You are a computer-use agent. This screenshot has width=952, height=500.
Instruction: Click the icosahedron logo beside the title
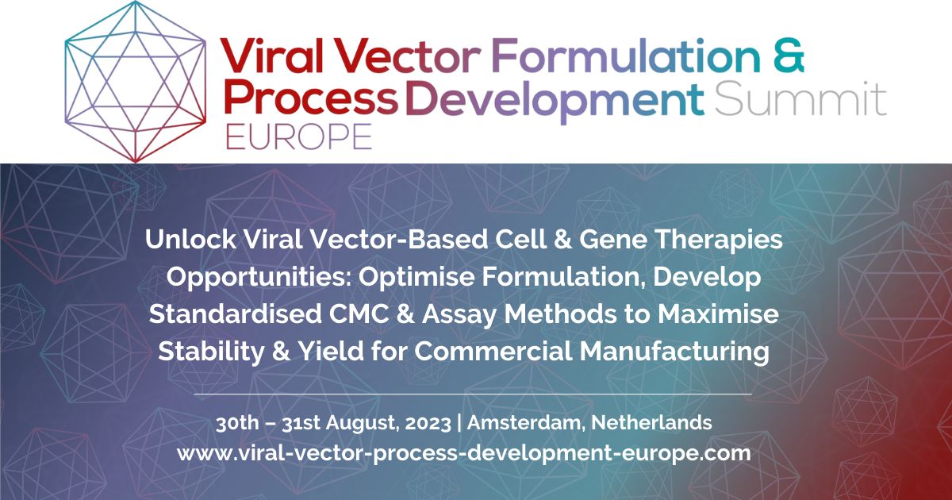pos(137,82)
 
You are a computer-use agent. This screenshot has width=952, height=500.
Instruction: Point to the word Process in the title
pos(309,100)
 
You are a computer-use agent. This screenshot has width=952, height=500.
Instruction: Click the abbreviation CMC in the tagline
pos(377,315)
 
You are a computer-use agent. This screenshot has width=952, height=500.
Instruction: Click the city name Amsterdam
pos(524,422)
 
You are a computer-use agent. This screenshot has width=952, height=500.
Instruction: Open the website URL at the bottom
pos(463,453)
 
